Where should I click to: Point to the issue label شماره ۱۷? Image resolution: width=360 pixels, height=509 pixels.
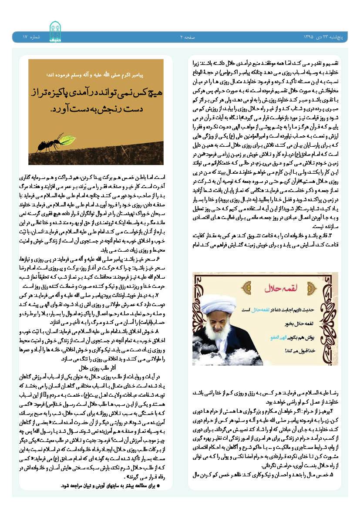31,38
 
